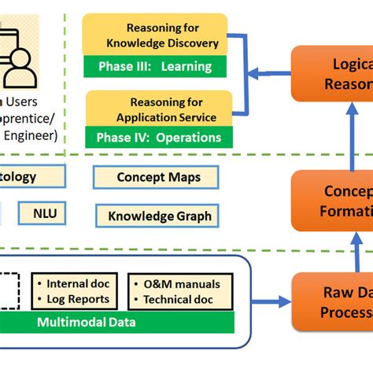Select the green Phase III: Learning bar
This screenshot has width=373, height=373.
pos(155,67)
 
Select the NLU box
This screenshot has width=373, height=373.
pos(50,212)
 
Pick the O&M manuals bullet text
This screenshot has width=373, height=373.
pos(182,284)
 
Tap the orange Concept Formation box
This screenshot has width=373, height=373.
pos(333,201)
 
